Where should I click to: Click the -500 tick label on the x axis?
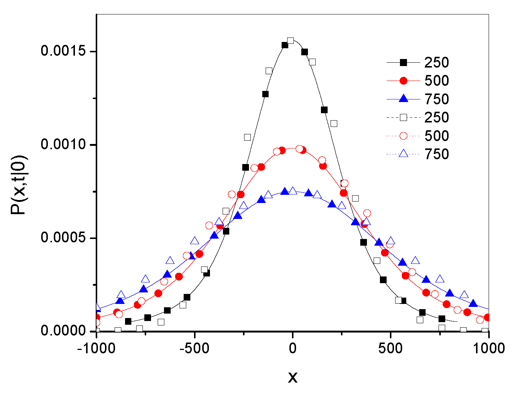click(x=194, y=348)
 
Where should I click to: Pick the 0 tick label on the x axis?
click(x=292, y=348)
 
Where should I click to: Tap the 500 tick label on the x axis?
click(x=391, y=348)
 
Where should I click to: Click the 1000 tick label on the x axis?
click(x=489, y=348)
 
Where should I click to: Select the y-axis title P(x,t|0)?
click(x=18, y=185)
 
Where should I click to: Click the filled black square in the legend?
click(x=403, y=63)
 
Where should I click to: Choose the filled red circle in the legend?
click(x=403, y=81)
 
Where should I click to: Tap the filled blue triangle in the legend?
click(x=403, y=99)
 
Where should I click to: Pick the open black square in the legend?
click(x=403, y=118)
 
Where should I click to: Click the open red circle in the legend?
click(x=403, y=136)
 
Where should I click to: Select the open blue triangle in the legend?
click(x=403, y=154)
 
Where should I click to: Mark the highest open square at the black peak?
click(x=291, y=40)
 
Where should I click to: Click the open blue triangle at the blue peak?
click(x=293, y=191)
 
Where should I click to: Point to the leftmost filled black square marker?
click(x=128, y=321)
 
